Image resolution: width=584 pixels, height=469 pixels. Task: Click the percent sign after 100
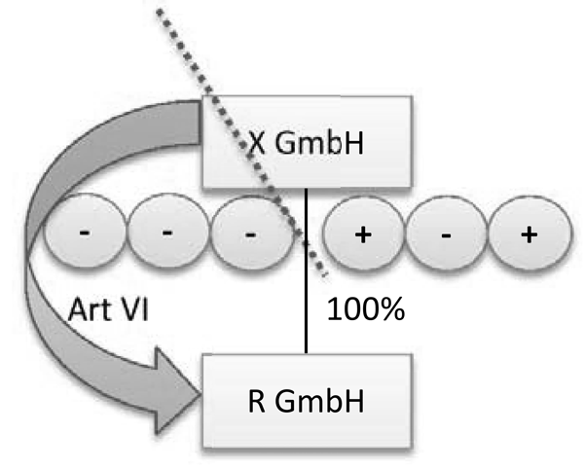click(x=387, y=312)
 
